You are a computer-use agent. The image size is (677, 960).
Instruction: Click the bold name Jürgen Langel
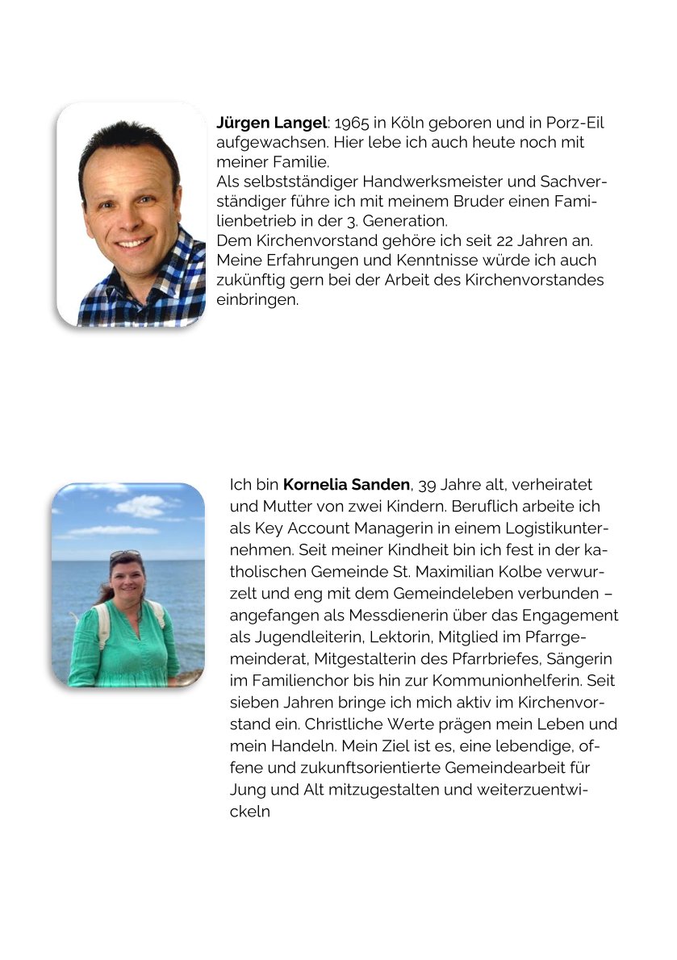[271, 123]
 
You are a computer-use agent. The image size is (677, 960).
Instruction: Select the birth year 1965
[350, 123]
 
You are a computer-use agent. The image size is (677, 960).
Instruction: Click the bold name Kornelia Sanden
[346, 485]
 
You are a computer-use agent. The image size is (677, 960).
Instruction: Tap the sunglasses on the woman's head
[125, 556]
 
